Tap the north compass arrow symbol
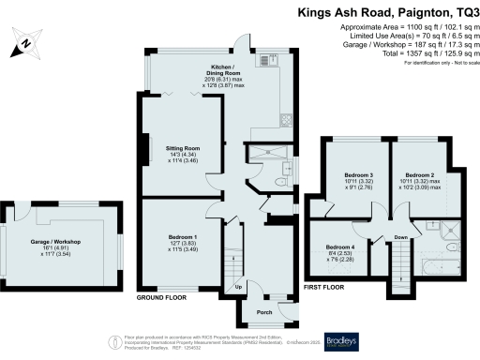[26, 41]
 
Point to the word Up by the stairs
[238, 286]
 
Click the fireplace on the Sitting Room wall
[143, 150]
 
